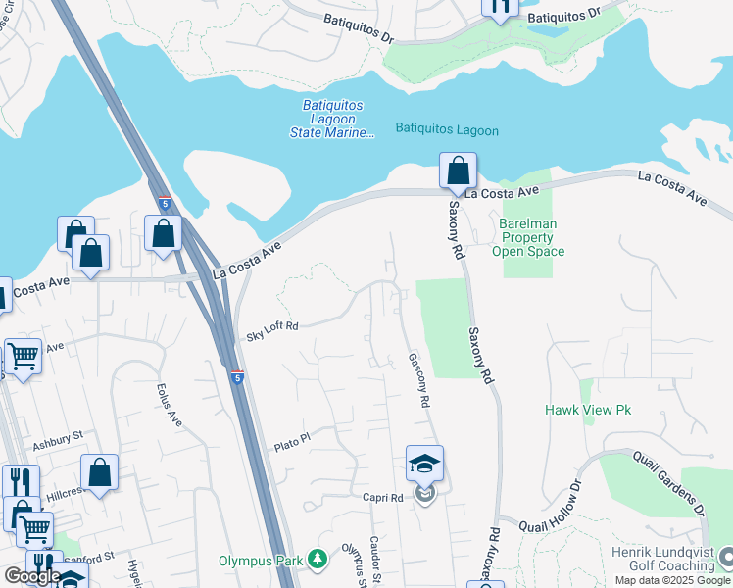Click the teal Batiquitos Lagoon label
tap(447, 130)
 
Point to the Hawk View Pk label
tap(587, 410)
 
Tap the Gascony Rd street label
tap(419, 381)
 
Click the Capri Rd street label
tap(383, 497)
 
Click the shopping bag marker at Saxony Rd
tap(458, 171)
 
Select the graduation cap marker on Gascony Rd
tap(424, 464)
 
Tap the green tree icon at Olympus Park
tap(317, 560)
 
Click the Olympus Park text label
tap(263, 561)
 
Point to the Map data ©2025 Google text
tap(672, 580)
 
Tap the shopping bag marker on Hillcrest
tap(99, 472)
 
